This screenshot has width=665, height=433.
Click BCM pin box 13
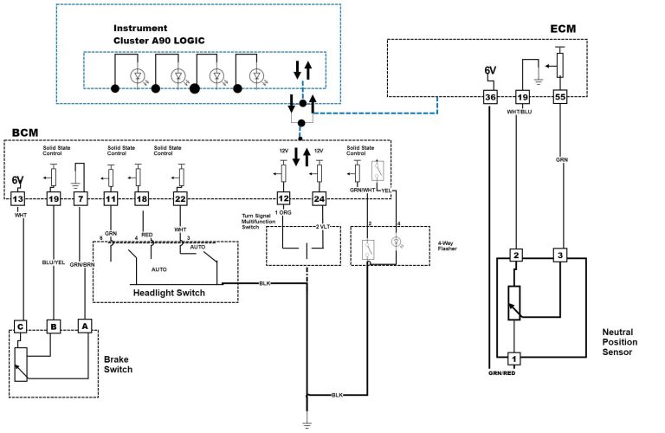(x=18, y=199)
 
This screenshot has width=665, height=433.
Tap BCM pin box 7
(x=81, y=199)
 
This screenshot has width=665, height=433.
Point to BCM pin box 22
(x=180, y=199)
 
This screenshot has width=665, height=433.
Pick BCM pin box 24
(x=319, y=199)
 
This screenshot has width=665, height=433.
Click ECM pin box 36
(x=490, y=98)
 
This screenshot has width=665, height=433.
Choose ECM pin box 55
(x=560, y=98)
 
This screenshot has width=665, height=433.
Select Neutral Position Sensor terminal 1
(x=513, y=358)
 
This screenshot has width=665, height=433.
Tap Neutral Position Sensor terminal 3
(x=560, y=255)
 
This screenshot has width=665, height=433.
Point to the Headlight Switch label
(x=168, y=293)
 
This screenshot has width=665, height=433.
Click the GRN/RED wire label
(x=501, y=373)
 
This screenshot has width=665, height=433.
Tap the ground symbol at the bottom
(x=307, y=424)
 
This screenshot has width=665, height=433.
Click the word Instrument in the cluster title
(x=141, y=28)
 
